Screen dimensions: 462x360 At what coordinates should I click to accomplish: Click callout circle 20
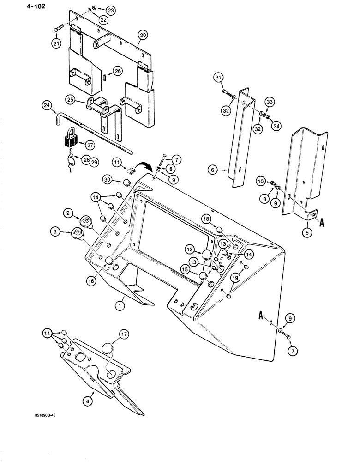click(x=142, y=35)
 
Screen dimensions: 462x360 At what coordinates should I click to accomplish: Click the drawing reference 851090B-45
click(x=47, y=428)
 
